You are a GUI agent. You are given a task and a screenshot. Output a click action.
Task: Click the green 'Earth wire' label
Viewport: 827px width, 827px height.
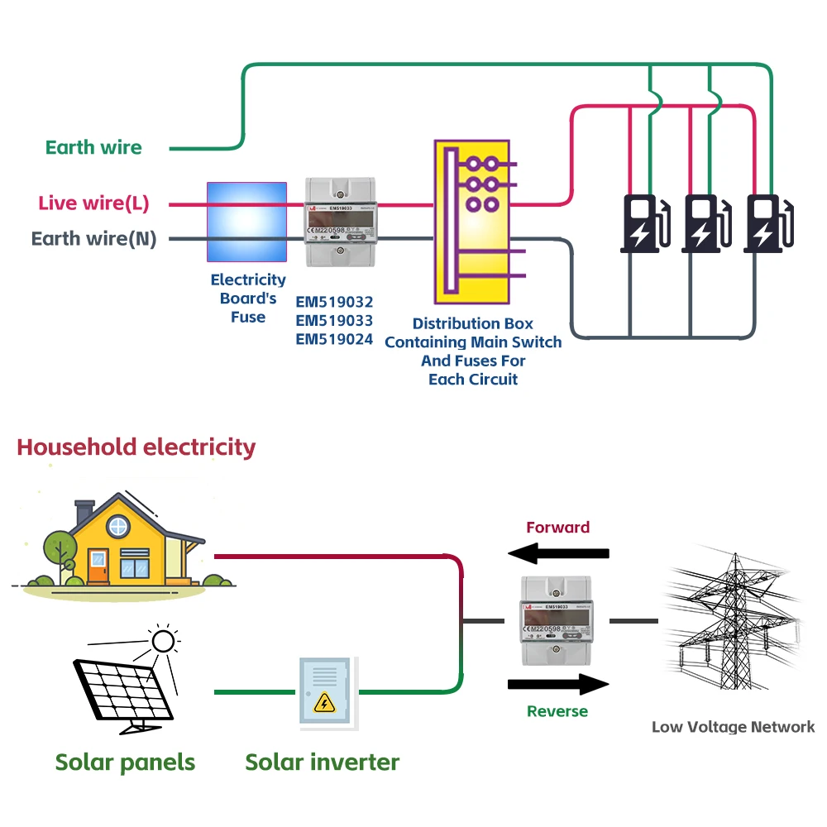[x=93, y=148]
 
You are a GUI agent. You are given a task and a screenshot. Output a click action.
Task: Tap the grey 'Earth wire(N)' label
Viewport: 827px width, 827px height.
[x=93, y=239]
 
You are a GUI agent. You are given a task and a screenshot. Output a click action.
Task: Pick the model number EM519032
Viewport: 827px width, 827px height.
[x=334, y=302]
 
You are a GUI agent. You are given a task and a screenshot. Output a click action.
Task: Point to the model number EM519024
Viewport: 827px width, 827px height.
[x=334, y=338]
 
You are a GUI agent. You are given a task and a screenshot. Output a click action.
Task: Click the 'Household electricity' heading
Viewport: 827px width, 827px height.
[x=136, y=447]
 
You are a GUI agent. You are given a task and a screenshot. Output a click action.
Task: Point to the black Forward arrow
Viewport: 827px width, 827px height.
[x=558, y=552]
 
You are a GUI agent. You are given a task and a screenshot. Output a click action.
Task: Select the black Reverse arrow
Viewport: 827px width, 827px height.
[x=558, y=684]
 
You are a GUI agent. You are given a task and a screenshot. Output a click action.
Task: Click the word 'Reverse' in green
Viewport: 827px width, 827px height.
[x=557, y=711]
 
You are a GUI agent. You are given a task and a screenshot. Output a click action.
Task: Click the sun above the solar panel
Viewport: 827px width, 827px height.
[x=163, y=641]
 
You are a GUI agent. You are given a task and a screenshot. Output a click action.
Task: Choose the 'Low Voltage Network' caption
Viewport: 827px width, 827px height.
[x=733, y=727]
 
